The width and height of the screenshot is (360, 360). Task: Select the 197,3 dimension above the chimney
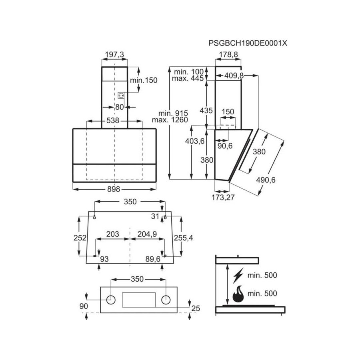[x=114, y=54]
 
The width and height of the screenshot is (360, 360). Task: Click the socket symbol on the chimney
[x=121, y=95]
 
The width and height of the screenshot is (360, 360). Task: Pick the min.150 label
[x=144, y=80]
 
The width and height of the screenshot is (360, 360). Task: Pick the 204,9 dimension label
[x=147, y=234]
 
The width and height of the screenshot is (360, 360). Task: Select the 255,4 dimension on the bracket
[x=183, y=238]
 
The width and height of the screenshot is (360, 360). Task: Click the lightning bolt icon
[x=238, y=276]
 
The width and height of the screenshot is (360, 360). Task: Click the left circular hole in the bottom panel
[x=112, y=300]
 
